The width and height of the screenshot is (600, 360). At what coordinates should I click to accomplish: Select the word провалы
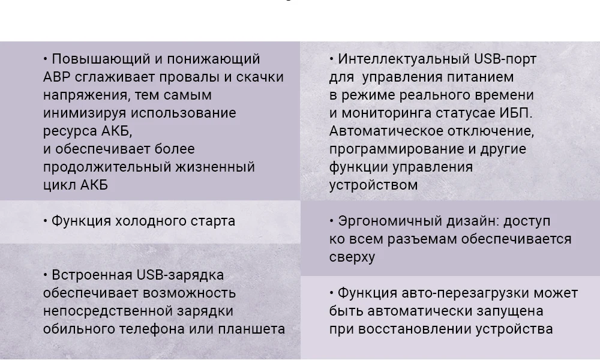coord(170,77)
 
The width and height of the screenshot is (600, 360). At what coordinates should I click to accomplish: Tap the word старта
coord(215,221)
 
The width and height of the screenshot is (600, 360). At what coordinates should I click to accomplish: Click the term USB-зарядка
coord(180,275)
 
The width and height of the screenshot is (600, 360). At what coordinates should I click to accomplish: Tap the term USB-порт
coord(505,59)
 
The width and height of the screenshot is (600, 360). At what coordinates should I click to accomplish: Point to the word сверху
coord(352,257)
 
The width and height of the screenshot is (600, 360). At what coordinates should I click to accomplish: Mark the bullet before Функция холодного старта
coord(45,221)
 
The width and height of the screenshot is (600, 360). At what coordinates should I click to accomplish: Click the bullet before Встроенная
coord(45,275)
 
